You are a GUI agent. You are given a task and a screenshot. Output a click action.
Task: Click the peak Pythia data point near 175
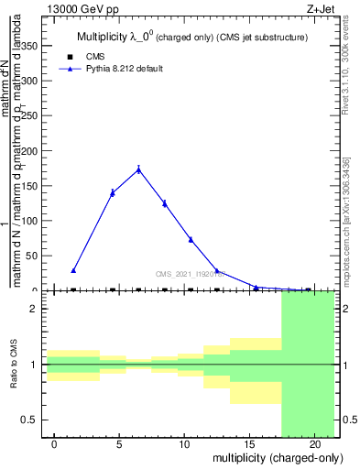138,169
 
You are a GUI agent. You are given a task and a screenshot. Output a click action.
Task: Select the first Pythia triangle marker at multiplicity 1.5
73,270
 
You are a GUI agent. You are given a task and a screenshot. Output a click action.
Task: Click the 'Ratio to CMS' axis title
15,365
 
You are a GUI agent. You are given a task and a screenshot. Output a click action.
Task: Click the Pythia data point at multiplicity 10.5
191,240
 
